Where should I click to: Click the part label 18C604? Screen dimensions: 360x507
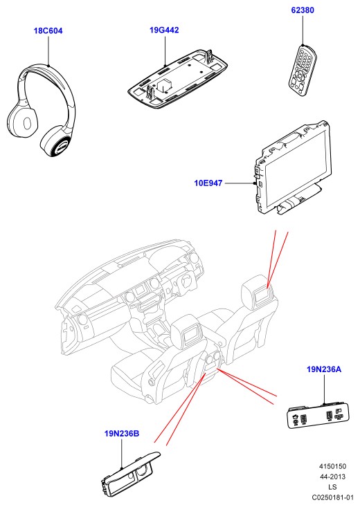pos(48,31)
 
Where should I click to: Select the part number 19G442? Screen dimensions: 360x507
pos(164,30)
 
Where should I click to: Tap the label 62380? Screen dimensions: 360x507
pos(303,10)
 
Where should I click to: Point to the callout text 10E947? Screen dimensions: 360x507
pos(208,183)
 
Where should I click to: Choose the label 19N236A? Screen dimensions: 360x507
pos(324,369)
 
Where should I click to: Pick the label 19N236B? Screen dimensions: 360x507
pos(122,433)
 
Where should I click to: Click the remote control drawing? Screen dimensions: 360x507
pos(303,70)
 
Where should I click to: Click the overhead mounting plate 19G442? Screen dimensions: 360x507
pos(177,77)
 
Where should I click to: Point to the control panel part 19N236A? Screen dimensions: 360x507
pos(319,416)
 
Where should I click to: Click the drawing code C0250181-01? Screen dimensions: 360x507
pos(332,497)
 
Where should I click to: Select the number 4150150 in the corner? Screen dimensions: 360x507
pos(332,466)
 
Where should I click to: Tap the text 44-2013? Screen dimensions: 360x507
pos(332,477)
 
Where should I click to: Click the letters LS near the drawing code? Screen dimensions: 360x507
pos(332,487)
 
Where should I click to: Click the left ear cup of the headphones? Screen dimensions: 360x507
pos(22,122)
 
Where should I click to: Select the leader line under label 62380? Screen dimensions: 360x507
pos(303,30)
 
